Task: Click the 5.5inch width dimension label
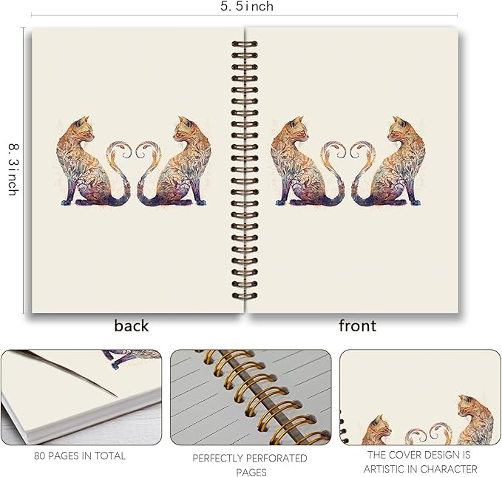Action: click(x=247, y=7)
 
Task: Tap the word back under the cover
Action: click(x=132, y=326)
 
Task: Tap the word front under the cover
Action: click(x=357, y=326)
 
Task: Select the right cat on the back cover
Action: click(x=176, y=163)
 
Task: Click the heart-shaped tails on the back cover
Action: click(x=128, y=159)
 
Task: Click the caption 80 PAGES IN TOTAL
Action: click(x=81, y=456)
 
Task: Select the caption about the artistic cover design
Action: click(x=421, y=462)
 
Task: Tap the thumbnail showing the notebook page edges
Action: click(x=81, y=397)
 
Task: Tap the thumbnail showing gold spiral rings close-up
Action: click(x=250, y=397)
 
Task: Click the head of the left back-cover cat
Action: click(x=84, y=127)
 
